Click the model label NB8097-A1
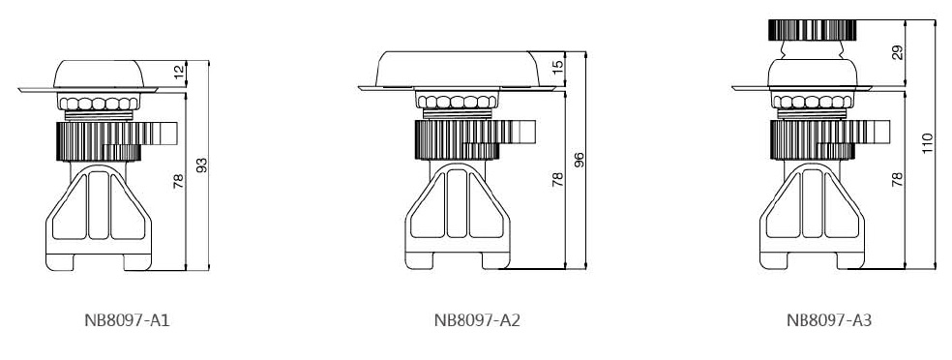(127, 320)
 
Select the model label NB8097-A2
(477, 320)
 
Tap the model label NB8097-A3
(829, 320)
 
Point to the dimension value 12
(178, 72)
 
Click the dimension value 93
(201, 165)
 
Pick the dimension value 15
(558, 65)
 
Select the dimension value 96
(580, 160)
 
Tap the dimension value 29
(898, 52)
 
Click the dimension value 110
(927, 143)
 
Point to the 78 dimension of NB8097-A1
(178, 181)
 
